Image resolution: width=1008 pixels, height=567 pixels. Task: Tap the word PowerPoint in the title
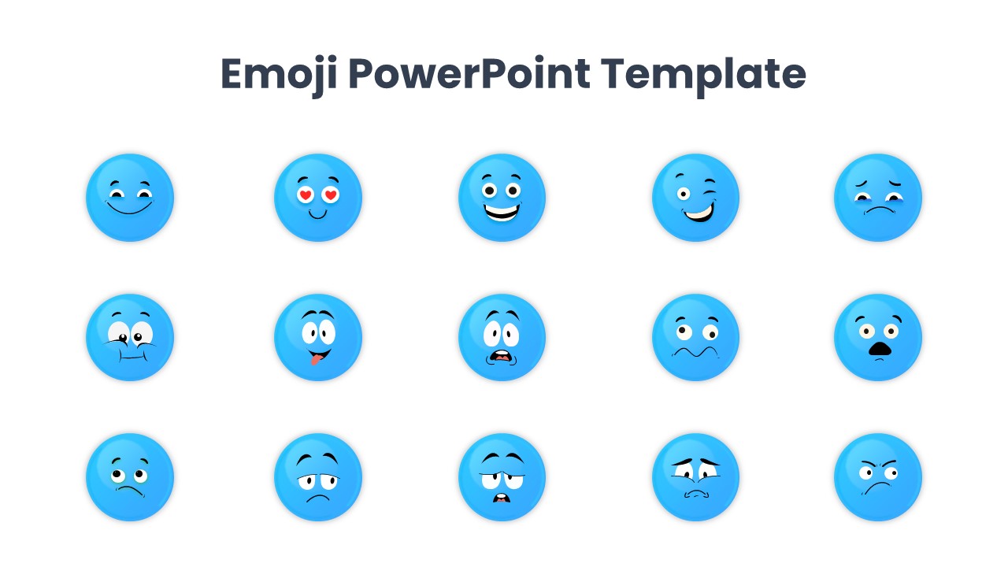tap(469, 75)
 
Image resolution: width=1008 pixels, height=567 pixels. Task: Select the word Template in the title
tap(703, 75)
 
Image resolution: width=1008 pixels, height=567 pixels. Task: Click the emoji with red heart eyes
tap(318, 198)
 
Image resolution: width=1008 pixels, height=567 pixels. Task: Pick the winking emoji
tap(695, 198)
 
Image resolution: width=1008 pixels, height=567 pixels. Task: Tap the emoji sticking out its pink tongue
tap(318, 337)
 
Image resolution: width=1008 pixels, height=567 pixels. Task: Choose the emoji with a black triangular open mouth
tap(878, 337)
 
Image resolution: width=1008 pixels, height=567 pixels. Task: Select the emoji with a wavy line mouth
tap(695, 337)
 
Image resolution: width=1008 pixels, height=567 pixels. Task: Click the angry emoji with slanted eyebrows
tap(878, 477)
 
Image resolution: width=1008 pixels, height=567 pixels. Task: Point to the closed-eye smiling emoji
tap(130, 198)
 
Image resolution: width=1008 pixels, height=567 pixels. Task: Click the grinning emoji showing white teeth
tap(502, 198)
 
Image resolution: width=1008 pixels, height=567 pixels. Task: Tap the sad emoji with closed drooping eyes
tap(878, 198)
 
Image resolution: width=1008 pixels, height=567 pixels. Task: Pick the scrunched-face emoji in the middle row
tap(130, 337)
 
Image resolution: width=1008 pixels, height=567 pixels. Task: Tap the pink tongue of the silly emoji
tap(315, 360)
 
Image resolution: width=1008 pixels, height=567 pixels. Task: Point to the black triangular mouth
tap(878, 350)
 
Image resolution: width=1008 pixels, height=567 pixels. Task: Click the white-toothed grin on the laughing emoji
tap(502, 213)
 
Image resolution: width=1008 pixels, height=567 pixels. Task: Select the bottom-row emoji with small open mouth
tap(502, 477)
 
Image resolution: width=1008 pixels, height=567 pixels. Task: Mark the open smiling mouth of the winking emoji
tap(697, 211)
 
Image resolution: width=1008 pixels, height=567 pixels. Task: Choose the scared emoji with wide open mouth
tap(502, 337)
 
